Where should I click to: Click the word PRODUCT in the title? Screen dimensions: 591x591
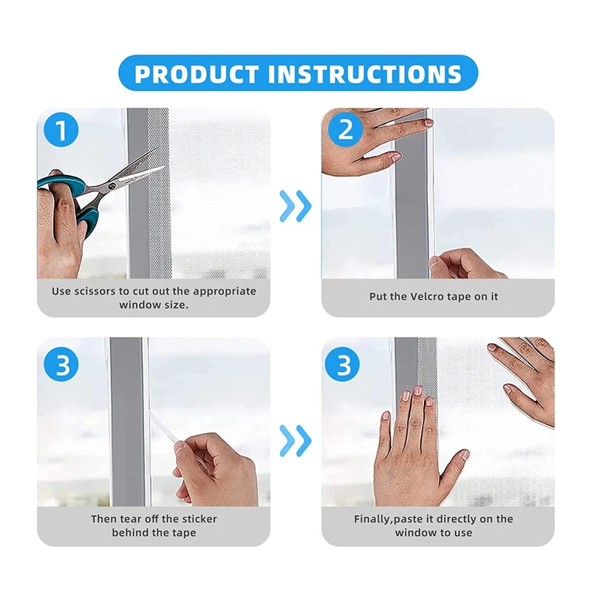196,74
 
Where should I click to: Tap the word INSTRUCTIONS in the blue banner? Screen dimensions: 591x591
364,74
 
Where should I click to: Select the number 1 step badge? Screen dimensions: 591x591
61,130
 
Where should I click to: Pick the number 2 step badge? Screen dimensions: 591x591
345,130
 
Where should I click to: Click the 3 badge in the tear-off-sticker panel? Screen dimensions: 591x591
61,364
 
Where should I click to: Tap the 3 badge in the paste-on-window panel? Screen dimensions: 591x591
342,364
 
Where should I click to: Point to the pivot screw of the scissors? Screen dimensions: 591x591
112,185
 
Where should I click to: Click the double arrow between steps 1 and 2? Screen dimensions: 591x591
295,206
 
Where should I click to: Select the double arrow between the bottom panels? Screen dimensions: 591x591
295,440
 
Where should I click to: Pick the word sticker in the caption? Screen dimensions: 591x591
199,519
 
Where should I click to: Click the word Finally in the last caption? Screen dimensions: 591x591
372,519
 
